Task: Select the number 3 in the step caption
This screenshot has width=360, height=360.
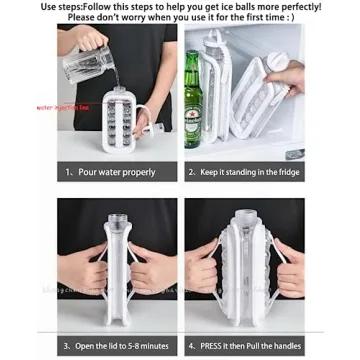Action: coord(67,345)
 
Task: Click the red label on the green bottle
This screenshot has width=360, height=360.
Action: coord(194,104)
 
